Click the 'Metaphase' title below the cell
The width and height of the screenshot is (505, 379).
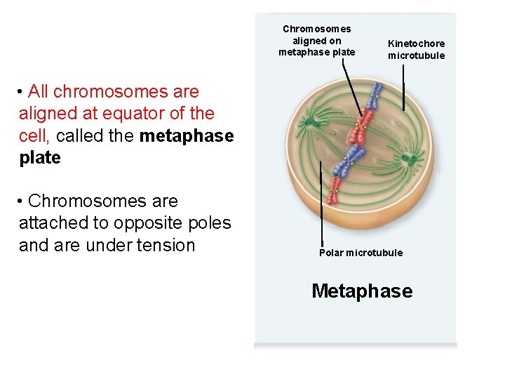click(x=362, y=291)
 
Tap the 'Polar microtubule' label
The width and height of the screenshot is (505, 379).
click(x=361, y=253)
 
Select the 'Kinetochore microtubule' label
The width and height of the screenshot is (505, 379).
click(x=416, y=49)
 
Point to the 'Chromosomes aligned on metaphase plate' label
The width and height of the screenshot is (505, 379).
click(x=316, y=41)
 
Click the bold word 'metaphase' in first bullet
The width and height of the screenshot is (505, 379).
click(x=187, y=135)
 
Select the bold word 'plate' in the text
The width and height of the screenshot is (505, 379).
click(x=40, y=158)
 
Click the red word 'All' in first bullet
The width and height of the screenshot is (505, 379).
click(x=38, y=91)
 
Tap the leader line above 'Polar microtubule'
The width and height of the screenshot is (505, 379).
click(x=321, y=204)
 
